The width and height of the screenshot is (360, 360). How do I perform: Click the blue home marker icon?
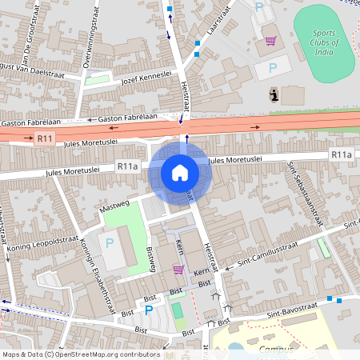pos(180,173)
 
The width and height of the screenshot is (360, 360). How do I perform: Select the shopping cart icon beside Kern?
pos(178,270)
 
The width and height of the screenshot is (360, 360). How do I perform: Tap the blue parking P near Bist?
pos(149,309)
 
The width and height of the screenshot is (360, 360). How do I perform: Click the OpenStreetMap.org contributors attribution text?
pos(108,354)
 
